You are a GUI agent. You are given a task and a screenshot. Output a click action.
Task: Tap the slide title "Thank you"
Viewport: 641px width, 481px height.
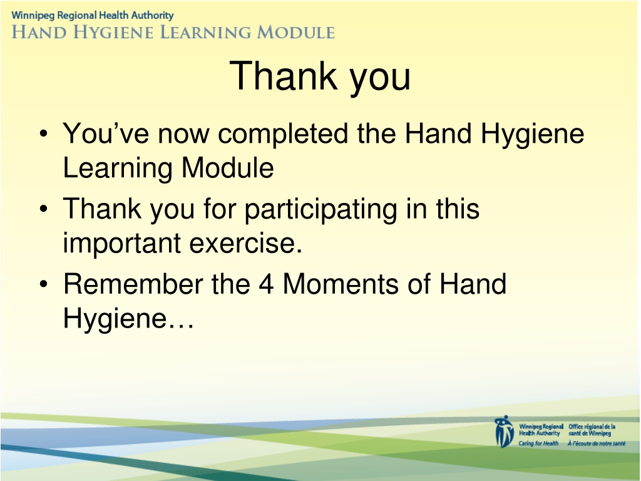coord(320,76)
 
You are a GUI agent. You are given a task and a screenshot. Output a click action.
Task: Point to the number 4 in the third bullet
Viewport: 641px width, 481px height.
coord(265,284)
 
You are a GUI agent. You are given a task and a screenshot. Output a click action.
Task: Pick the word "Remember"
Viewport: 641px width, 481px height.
coord(133,284)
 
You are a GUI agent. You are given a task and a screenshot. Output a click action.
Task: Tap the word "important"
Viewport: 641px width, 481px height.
coord(121,244)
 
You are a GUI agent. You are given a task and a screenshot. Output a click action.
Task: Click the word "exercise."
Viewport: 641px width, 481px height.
coord(245,244)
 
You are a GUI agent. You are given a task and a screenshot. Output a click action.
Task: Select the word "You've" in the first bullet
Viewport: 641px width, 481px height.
coord(106,133)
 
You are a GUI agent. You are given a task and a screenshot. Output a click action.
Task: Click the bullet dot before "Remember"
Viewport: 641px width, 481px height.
coord(44,284)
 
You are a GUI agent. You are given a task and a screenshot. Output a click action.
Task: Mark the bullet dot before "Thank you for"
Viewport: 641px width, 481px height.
coord(44,209)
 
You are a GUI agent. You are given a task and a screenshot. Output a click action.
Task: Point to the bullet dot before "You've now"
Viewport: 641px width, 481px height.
coord(44,133)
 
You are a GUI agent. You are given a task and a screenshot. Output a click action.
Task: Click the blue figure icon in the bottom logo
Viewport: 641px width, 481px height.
coord(504,432)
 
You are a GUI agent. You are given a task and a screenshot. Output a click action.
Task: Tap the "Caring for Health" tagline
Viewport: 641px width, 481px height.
coord(538,443)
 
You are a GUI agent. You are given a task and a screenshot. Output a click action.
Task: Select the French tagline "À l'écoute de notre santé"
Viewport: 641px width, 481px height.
coord(597,443)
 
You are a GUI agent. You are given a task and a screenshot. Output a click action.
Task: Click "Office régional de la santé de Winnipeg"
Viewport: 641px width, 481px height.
coord(592,430)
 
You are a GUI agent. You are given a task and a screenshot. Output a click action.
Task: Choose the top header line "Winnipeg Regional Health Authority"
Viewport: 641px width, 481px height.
coord(93,16)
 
